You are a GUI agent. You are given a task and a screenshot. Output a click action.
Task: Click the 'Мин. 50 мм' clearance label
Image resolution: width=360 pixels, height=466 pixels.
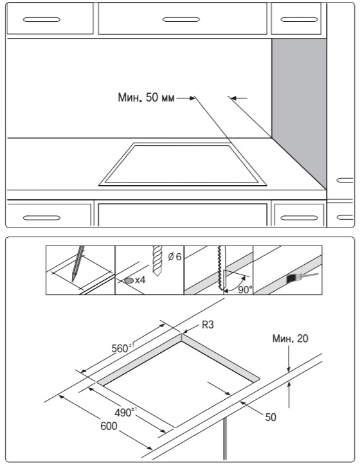(147, 97)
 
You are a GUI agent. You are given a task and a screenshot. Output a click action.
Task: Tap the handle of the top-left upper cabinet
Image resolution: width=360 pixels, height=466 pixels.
(42, 20)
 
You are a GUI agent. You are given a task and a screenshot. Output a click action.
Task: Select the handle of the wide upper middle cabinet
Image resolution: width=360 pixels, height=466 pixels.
(181, 20)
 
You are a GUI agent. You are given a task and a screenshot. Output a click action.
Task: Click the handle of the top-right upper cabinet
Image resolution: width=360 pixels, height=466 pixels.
(299, 20)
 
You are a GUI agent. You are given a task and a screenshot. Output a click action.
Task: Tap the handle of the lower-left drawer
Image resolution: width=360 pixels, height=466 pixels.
(42, 218)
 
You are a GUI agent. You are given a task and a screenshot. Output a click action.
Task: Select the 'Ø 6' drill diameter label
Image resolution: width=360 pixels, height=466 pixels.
(174, 256)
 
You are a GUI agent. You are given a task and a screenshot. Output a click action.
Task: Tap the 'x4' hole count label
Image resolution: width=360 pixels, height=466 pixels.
(140, 280)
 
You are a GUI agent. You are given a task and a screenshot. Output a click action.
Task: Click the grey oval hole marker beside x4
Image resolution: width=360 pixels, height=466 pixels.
(129, 280)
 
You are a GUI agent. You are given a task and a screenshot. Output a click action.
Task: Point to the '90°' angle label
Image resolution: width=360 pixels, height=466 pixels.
(245, 289)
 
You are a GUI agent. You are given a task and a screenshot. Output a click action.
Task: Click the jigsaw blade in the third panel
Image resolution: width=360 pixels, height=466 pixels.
(221, 268)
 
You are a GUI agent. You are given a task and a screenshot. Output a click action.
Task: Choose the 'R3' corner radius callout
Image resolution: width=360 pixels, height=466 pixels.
(208, 325)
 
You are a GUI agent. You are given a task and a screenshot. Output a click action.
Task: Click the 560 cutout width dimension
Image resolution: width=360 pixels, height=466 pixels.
(123, 348)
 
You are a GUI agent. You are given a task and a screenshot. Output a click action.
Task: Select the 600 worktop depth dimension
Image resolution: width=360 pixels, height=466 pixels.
(109, 426)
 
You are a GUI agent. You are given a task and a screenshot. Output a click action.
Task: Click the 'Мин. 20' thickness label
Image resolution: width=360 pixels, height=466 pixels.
(290, 339)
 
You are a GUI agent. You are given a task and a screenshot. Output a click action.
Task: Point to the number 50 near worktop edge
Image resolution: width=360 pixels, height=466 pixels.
(271, 417)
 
